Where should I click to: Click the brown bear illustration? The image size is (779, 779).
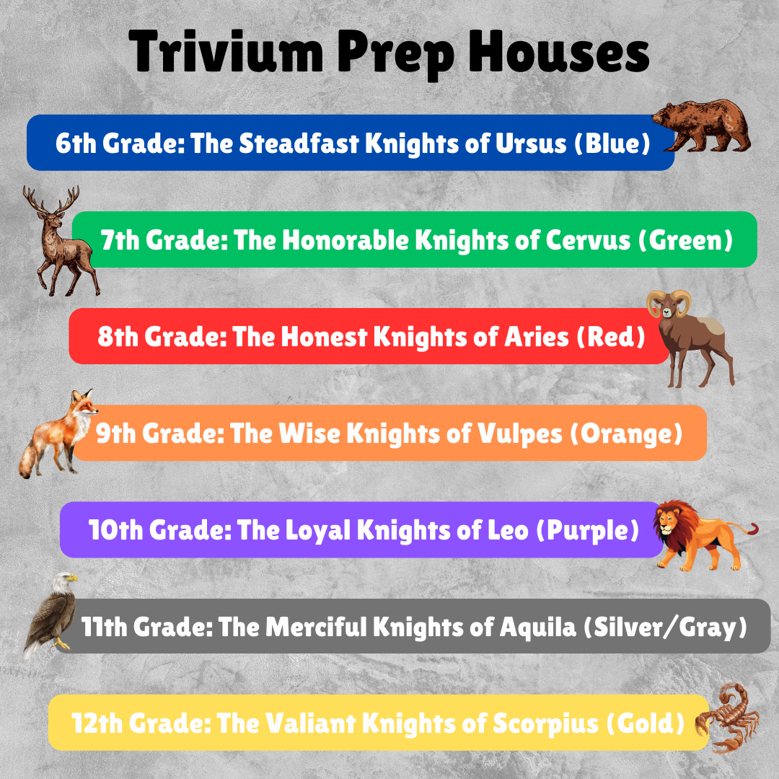click(703, 126)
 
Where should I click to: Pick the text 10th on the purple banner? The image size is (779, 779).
click(115, 530)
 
